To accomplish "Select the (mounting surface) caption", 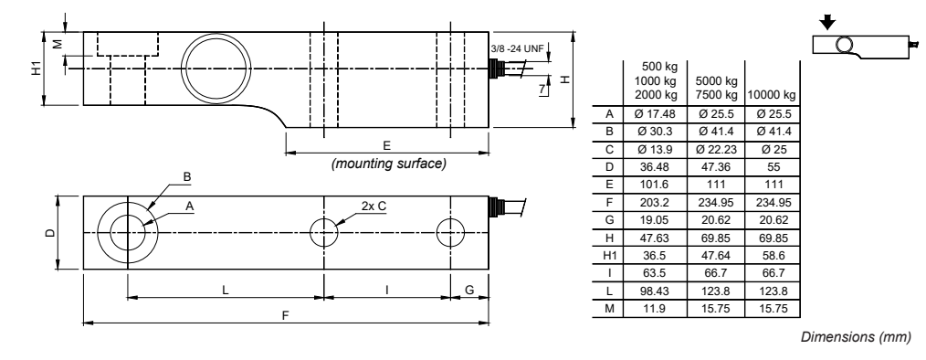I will point(388,164).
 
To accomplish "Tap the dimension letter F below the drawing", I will point(285,315).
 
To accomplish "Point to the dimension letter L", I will point(226,289).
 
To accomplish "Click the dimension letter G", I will point(469,289).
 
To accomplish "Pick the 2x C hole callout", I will point(374,206).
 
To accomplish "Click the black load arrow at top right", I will point(828,18).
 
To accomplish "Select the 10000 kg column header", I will point(772,94).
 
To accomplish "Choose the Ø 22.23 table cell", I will point(716,147).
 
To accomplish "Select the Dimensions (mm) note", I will point(855,338).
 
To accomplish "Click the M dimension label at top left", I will point(57,43).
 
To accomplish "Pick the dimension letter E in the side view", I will point(387,144).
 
